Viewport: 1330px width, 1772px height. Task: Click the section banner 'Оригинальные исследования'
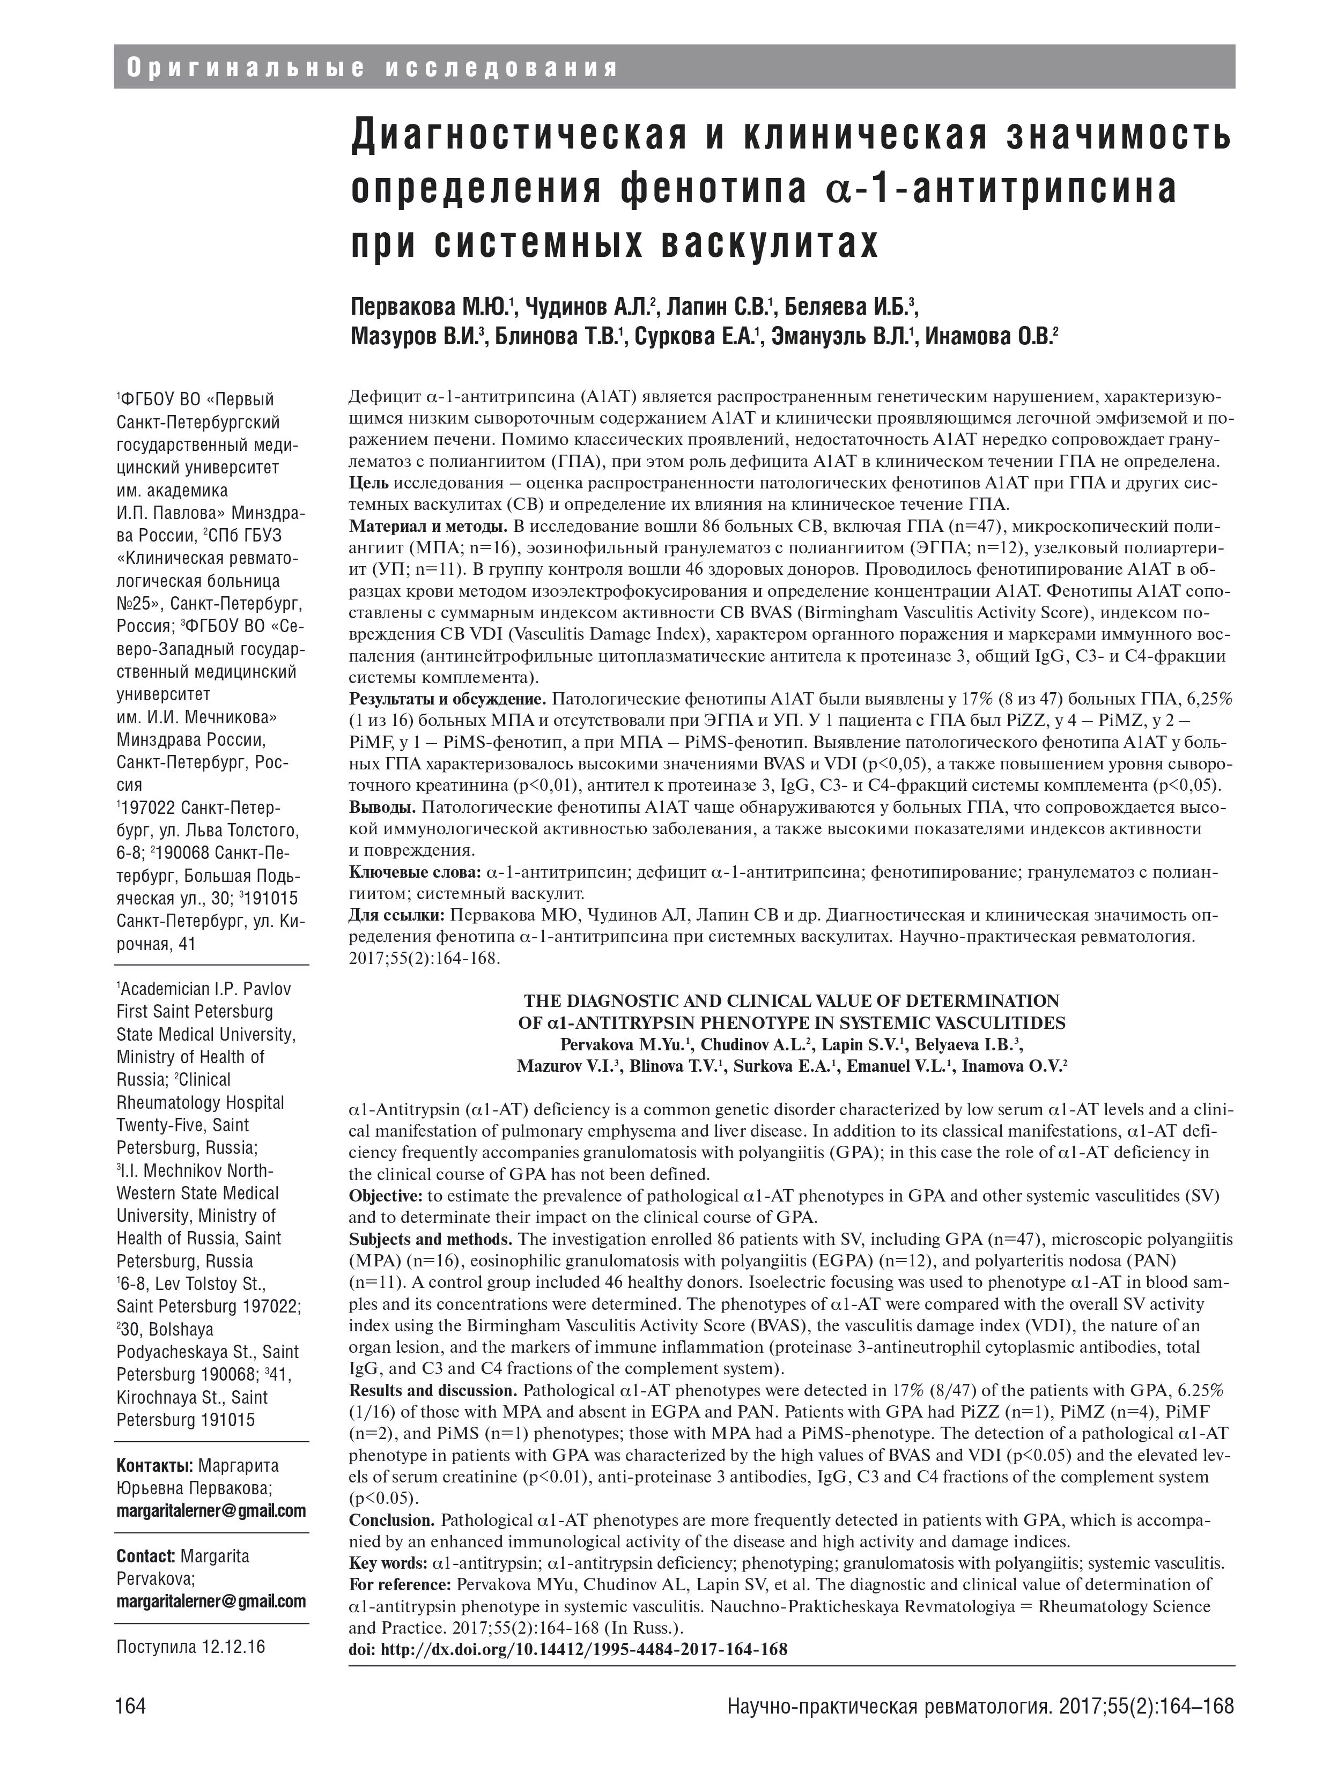(x=373, y=68)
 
